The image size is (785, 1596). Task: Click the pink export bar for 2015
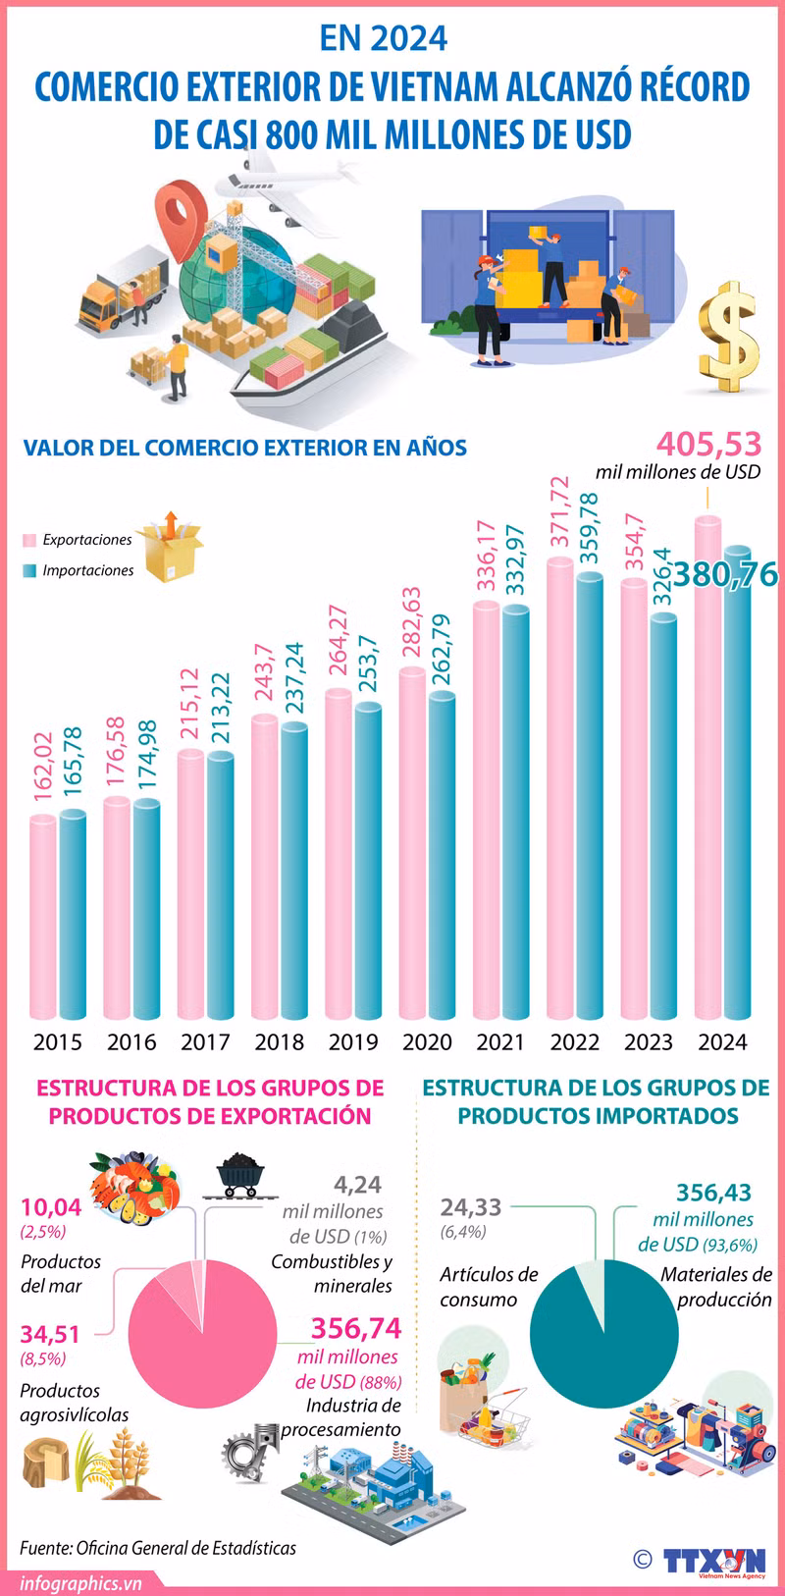[43, 918]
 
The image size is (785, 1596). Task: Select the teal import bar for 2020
[442, 854]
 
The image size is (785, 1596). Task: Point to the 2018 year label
[279, 1041]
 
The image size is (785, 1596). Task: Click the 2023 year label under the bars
[649, 1041]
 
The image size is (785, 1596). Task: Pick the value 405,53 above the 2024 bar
[708, 445]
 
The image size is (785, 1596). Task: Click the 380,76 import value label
[725, 574]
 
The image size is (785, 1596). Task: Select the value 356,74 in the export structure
[356, 1328]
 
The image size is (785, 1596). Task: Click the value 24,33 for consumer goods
[471, 1207]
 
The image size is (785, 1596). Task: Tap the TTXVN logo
[712, 1561]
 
